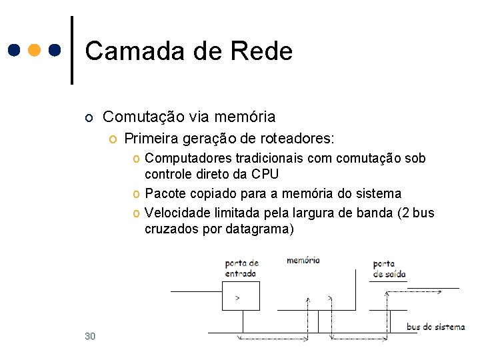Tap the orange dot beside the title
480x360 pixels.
point(35,50)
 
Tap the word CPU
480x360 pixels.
point(265,175)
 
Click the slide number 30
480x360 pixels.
point(90,336)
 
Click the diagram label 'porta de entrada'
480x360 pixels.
point(241,268)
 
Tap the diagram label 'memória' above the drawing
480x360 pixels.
point(303,261)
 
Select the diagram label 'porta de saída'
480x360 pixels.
point(389,269)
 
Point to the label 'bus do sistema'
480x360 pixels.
point(435,327)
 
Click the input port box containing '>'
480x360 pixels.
point(241,295)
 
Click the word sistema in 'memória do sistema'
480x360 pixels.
point(379,194)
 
